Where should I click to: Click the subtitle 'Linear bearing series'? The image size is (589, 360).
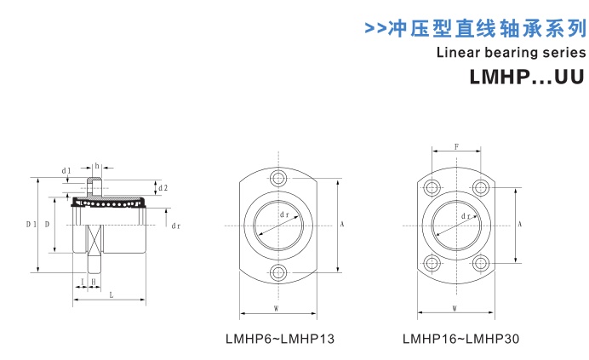(x=511, y=52)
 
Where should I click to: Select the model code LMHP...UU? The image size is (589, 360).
(x=527, y=77)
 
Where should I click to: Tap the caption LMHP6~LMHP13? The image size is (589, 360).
(x=279, y=339)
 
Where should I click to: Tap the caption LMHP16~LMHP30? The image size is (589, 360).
(x=460, y=339)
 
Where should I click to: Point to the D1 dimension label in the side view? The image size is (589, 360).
(x=30, y=224)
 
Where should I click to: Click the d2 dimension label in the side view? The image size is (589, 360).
(x=163, y=187)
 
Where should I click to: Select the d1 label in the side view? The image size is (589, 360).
(x=66, y=171)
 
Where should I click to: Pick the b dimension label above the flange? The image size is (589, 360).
(x=98, y=165)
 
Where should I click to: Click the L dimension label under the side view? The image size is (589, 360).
(x=111, y=294)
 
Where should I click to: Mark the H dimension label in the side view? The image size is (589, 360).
(x=93, y=281)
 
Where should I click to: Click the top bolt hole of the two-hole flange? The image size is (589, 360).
(x=278, y=179)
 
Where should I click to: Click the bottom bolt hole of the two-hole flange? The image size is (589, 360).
(x=278, y=271)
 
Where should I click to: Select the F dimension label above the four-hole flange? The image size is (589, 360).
(x=456, y=147)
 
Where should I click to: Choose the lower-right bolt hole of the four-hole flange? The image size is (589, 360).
(x=482, y=264)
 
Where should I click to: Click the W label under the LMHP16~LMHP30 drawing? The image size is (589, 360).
(x=455, y=307)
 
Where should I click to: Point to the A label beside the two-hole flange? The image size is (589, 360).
(x=341, y=225)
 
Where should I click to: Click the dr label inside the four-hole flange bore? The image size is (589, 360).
(x=466, y=217)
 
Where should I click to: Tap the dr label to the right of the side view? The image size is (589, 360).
(x=175, y=226)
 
